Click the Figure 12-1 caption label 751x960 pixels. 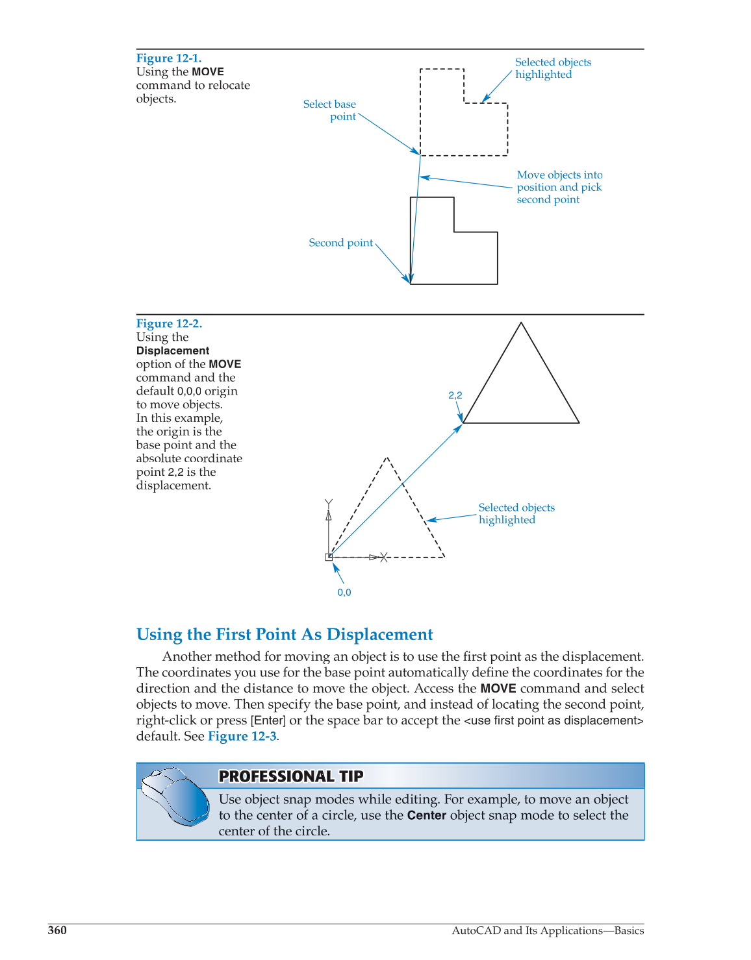[168, 58]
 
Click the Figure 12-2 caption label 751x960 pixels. [169, 323]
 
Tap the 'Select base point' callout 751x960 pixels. [329, 110]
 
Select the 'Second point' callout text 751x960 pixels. [340, 243]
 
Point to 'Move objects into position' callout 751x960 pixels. [559, 187]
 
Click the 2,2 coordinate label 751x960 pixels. [455, 395]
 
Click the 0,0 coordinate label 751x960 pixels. [344, 593]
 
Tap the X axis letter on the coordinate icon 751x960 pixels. [384, 557]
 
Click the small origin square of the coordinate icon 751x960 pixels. [329, 557]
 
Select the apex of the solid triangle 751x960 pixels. [521, 323]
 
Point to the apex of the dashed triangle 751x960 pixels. [387, 458]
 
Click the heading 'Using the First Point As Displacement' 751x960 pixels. [285, 634]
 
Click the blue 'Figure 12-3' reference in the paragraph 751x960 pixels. [242, 736]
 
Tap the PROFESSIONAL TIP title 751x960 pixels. [290, 776]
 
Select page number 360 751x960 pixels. [57, 930]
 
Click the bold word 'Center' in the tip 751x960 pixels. [426, 815]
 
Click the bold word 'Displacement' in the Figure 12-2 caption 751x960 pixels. [173, 351]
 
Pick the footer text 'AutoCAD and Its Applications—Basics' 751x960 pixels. [548, 930]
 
